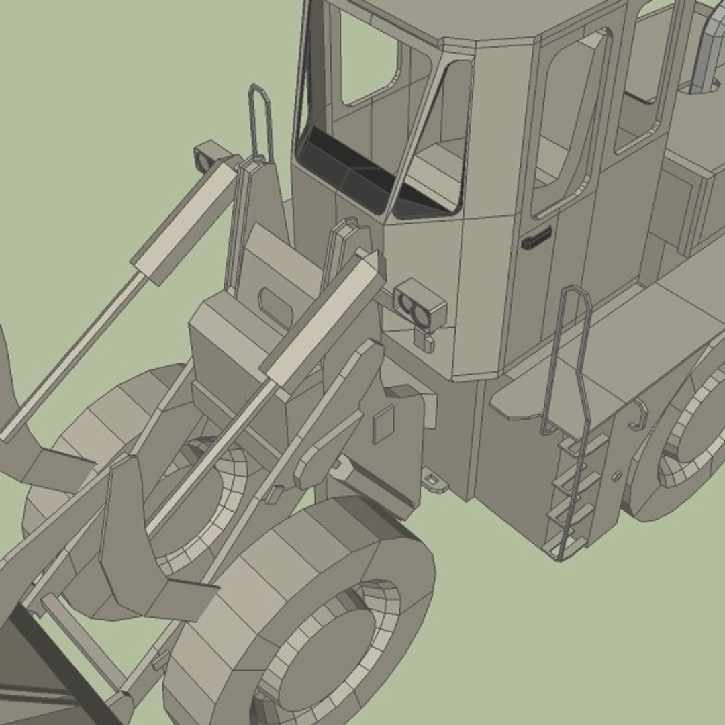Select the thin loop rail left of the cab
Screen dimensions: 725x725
coord(260,121)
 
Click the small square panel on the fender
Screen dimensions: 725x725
coord(383,424)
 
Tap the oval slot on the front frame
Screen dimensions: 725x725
coord(275,305)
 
